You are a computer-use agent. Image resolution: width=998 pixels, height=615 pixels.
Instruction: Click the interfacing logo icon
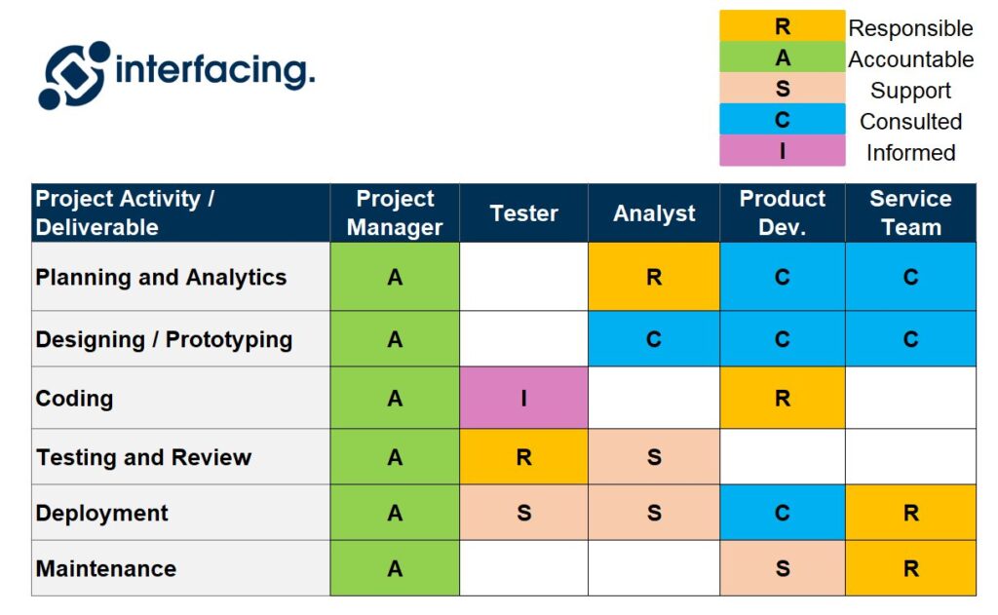coord(74,74)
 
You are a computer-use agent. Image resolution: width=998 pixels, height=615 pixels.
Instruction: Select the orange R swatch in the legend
coord(782,26)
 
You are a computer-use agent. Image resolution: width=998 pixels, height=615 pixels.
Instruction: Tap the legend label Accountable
coord(910,59)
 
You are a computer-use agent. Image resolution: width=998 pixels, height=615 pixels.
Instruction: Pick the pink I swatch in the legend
coord(782,151)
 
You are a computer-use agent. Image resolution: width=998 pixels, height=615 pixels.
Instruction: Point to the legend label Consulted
coord(910,122)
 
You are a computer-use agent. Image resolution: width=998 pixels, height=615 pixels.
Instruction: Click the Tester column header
coord(523,213)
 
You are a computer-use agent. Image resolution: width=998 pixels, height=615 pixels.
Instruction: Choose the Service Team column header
coord(910,213)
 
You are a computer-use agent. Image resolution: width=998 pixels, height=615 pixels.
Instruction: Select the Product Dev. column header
coord(782,213)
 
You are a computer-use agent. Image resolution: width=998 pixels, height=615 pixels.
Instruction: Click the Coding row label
coord(75,399)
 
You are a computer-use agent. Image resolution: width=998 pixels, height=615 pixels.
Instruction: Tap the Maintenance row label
coord(106,568)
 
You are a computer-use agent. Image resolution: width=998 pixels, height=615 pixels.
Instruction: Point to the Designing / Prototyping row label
coord(164,340)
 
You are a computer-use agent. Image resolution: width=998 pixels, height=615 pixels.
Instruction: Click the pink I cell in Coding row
coord(523,399)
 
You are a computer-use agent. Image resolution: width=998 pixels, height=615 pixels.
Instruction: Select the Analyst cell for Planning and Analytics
coord(654,278)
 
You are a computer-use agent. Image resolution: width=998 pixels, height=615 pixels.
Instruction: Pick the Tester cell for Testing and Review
coord(523,457)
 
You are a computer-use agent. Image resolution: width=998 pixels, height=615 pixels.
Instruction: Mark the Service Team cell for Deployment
coord(910,513)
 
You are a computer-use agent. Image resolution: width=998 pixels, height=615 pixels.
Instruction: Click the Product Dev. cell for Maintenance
coord(782,568)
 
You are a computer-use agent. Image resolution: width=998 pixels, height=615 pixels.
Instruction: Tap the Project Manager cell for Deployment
coord(395,513)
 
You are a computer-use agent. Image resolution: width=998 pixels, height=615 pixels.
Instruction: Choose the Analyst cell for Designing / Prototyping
coord(654,340)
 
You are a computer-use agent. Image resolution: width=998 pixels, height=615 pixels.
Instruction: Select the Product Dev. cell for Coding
coord(782,399)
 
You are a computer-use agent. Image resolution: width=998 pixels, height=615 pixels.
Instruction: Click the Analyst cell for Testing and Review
coord(654,457)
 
